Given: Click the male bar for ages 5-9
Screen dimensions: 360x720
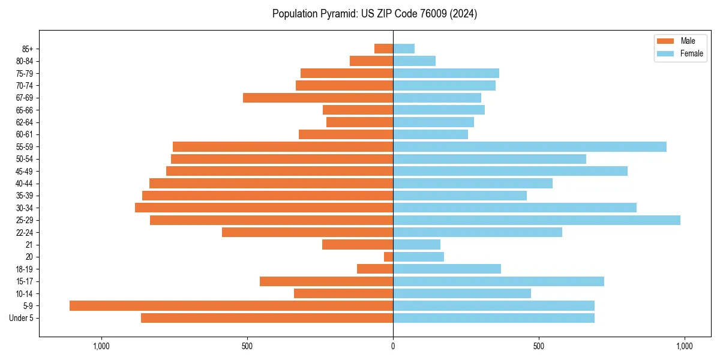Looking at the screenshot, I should pyautogui.click(x=231, y=305).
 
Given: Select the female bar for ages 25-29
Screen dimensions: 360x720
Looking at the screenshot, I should pyautogui.click(x=536, y=220).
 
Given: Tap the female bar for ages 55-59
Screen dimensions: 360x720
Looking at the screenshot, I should pyautogui.click(x=529, y=146).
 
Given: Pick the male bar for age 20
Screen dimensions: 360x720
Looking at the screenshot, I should pyautogui.click(x=388, y=257).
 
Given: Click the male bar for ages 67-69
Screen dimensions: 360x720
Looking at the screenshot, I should pyautogui.click(x=318, y=98).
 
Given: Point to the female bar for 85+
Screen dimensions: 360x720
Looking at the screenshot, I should pyautogui.click(x=404, y=49).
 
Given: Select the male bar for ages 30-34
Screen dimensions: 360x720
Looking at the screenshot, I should pyautogui.click(x=264, y=208).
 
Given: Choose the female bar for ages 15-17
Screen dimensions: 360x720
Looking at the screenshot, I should pyautogui.click(x=498, y=281).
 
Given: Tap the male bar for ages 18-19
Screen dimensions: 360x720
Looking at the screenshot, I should pyautogui.click(x=375, y=269).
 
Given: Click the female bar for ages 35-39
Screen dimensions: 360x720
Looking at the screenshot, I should pyautogui.click(x=460, y=196).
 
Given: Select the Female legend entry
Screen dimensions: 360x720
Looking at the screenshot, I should pyautogui.click(x=680, y=53).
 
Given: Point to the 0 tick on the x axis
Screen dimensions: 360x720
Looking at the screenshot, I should pyautogui.click(x=393, y=346).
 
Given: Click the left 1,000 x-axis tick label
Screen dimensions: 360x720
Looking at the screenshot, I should pyautogui.click(x=101, y=346).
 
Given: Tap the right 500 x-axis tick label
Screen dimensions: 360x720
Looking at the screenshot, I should pyautogui.click(x=539, y=346).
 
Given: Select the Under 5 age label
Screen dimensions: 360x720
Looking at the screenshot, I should pyautogui.click(x=22, y=318).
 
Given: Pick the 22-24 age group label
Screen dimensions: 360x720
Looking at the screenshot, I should pyautogui.click(x=25, y=232).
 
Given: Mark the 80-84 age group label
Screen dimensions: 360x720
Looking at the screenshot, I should pyautogui.click(x=25, y=61).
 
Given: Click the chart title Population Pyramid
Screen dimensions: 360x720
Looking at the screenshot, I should pyautogui.click(x=374, y=14).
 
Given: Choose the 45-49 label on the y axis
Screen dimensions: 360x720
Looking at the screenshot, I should pyautogui.click(x=25, y=171).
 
